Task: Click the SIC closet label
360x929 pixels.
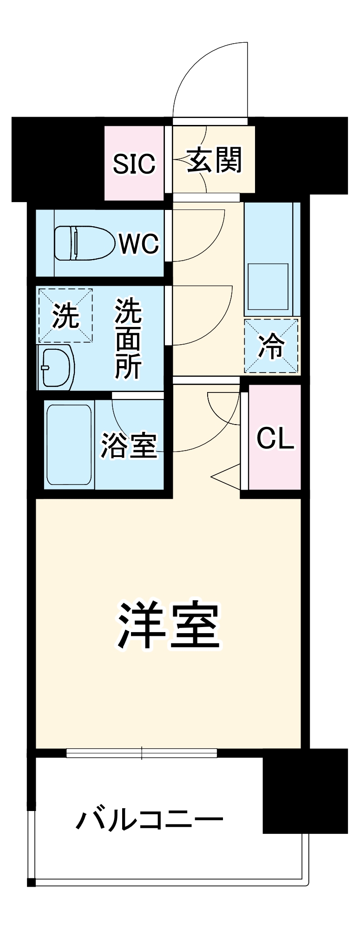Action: tap(134, 164)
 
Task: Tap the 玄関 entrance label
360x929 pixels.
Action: tap(214, 160)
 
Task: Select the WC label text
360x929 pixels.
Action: tap(138, 243)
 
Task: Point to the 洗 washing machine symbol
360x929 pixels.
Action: tap(65, 316)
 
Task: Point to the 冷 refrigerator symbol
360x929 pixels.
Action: tap(271, 346)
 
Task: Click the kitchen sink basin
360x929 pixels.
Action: tap(268, 287)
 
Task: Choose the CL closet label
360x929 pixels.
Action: tap(275, 438)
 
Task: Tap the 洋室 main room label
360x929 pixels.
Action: tap(168, 625)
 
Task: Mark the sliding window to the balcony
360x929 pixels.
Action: tap(142, 752)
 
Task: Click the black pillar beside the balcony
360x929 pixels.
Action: tap(305, 790)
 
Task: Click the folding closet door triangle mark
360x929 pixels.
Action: tap(226, 476)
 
